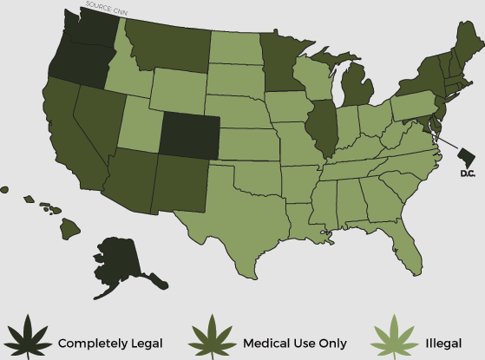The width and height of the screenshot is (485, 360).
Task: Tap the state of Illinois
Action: pyautogui.click(x=324, y=125)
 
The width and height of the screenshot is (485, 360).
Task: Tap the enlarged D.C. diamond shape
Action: pyautogui.click(x=466, y=156)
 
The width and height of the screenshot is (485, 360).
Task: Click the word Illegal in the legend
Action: pyautogui.click(x=442, y=343)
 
